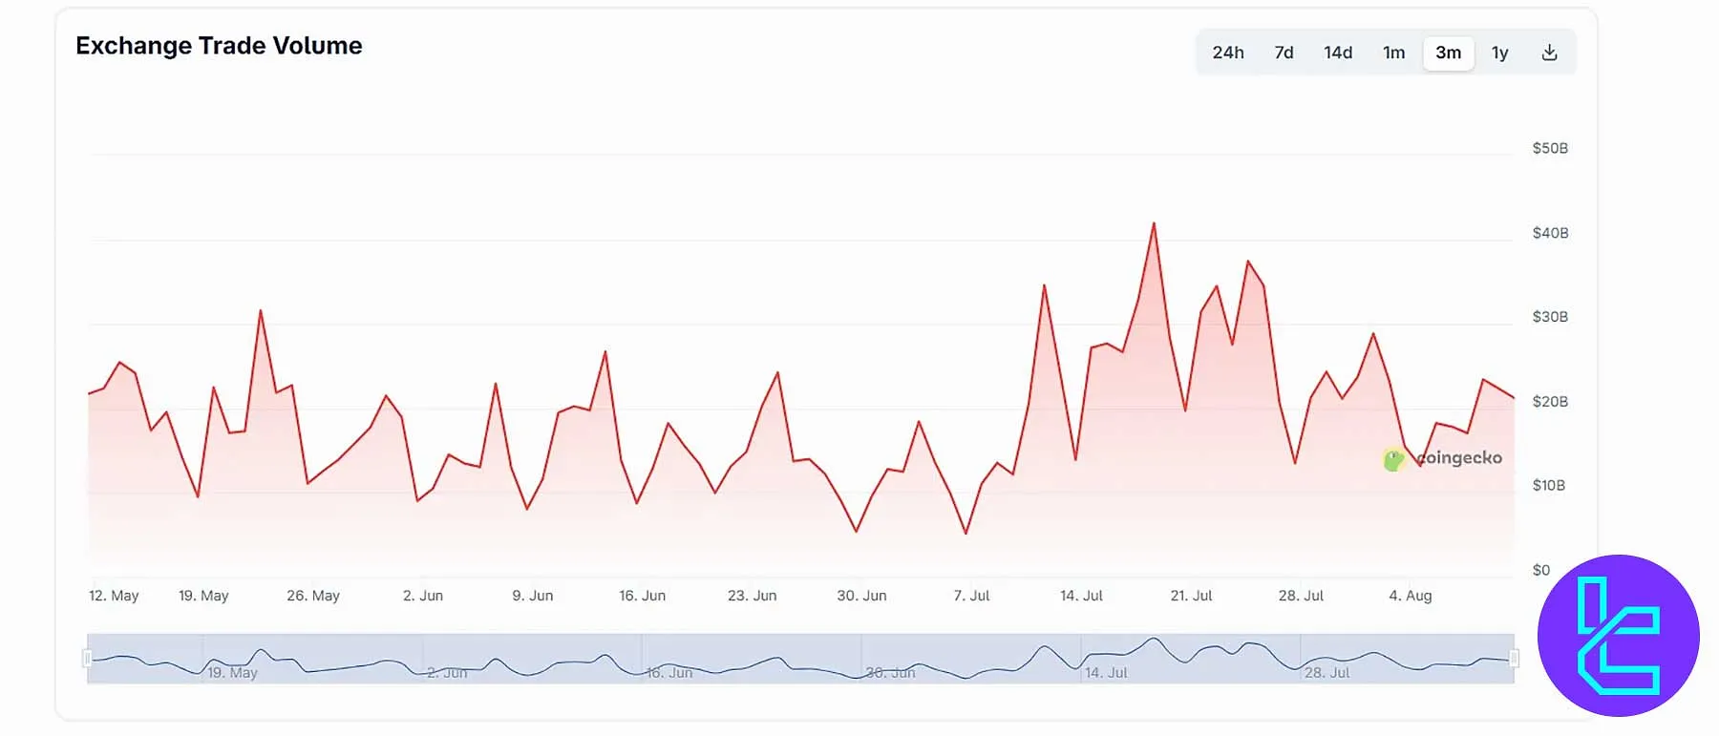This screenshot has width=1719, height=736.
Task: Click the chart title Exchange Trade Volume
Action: [219, 46]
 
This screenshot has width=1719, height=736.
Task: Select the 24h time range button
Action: [1227, 53]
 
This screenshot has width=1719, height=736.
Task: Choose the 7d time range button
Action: [1284, 53]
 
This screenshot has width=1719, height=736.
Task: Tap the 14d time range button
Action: [1337, 53]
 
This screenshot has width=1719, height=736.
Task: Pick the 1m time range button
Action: [1393, 53]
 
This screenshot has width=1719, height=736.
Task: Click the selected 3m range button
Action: [1448, 53]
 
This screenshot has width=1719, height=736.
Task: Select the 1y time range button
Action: [1499, 53]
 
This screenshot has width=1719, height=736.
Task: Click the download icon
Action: [1549, 53]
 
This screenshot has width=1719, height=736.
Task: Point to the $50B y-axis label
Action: [1549, 148]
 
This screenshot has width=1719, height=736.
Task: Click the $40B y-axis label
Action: [1549, 233]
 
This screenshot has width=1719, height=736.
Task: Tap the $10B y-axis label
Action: [1548, 485]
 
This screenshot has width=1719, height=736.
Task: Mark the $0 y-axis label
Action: [1540, 570]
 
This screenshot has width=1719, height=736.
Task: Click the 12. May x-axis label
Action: [114, 596]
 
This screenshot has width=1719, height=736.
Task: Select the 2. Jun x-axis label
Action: [422, 596]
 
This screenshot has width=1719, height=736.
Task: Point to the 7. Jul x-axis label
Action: [970, 596]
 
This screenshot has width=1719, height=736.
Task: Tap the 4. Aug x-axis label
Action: [1410, 596]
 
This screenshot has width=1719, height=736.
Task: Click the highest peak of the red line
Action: [1154, 224]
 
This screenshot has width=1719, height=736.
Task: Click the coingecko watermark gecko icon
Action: [1393, 460]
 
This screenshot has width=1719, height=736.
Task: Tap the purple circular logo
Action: [1618, 636]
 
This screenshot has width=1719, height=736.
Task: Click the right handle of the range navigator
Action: [1514, 658]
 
